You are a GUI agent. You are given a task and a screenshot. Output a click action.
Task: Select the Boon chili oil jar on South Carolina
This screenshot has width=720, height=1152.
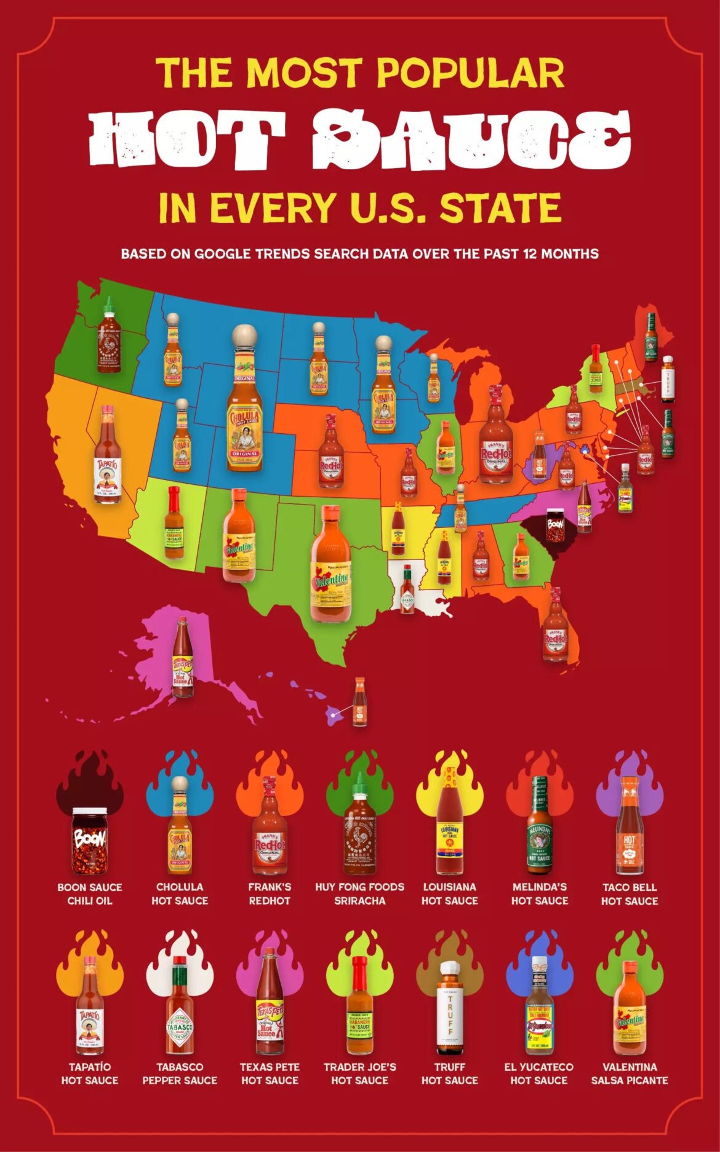pos(555,525)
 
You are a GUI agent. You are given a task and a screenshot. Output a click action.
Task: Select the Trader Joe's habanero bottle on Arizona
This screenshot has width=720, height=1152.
pos(174,524)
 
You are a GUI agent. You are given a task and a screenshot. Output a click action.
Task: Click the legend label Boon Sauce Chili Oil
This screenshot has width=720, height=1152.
pos(90,894)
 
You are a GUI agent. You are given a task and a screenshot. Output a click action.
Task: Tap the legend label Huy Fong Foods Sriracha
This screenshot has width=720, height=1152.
pos(359,894)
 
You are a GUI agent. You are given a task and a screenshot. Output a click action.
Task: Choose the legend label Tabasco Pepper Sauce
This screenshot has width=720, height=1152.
pos(180,1073)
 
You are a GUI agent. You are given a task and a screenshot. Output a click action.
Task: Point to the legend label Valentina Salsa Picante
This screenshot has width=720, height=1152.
pos(629,1073)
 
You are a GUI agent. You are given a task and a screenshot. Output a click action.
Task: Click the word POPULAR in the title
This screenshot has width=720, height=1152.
pos(470,73)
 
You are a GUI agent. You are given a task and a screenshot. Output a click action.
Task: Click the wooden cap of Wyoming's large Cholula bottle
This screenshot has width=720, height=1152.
pos(244,337)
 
